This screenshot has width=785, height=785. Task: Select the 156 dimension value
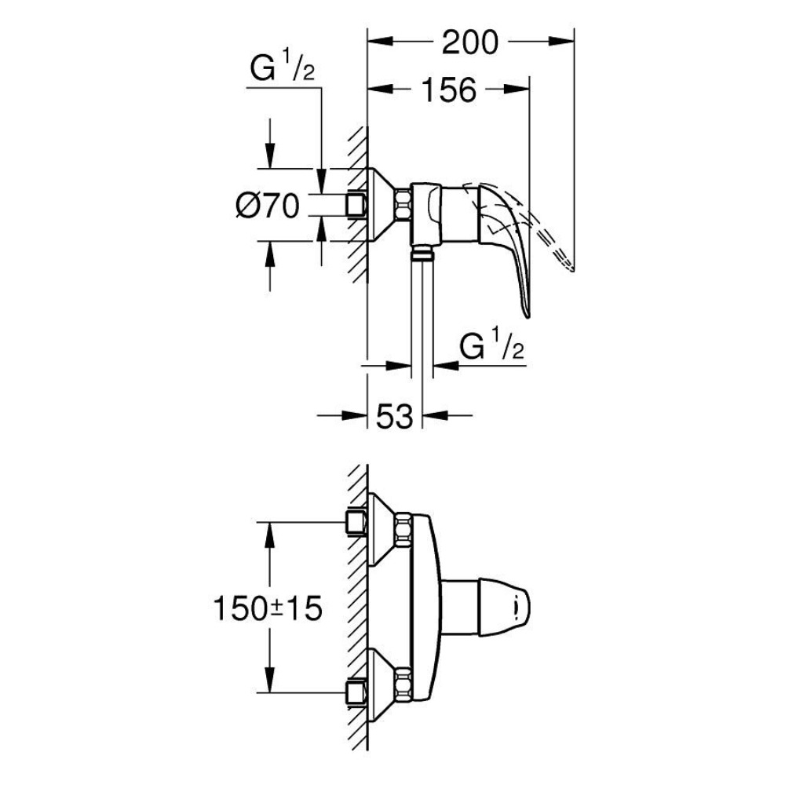(x=449, y=90)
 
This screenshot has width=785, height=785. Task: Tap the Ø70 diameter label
(x=268, y=206)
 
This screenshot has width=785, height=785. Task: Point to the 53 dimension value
(x=395, y=415)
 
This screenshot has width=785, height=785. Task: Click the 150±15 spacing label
(x=268, y=609)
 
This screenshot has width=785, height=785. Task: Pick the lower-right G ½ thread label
(x=491, y=344)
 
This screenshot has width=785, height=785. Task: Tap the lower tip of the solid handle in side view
(x=528, y=316)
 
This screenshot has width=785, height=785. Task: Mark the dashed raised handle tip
(x=571, y=269)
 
